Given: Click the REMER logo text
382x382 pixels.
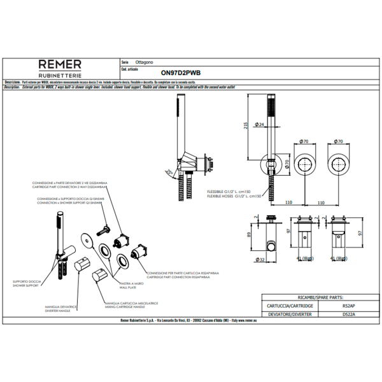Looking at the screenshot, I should (60, 64).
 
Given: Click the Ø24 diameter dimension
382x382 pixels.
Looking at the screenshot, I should (260, 125).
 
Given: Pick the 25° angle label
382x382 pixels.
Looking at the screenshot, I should (167, 172).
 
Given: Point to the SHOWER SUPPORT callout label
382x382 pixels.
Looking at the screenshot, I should (25, 285).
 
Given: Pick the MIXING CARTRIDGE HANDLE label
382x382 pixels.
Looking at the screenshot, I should (133, 307).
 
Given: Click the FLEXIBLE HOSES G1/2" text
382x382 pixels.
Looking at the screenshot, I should (234, 196).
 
